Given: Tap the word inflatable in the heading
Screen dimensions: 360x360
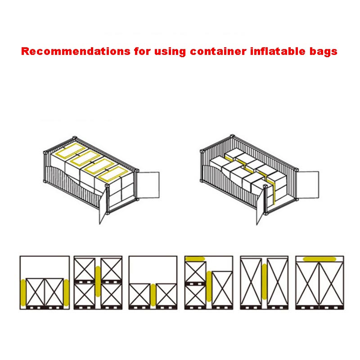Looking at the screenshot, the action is pyautogui.click(x=278, y=51).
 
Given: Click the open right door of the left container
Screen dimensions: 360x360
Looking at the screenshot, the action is pyautogui.click(x=148, y=185).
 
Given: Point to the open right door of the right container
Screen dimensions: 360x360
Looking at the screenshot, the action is pyautogui.click(x=308, y=184).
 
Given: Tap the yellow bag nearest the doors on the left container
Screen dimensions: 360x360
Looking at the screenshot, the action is pyautogui.click(x=113, y=174).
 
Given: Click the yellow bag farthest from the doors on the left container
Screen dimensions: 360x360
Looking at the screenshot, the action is pyautogui.click(x=71, y=150).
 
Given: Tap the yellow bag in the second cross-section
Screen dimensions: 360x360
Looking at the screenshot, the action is pyautogui.click(x=98, y=281).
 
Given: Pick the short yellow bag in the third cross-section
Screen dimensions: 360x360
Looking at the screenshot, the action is pyautogui.click(x=153, y=295).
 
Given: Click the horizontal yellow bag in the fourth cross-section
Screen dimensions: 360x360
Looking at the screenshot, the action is pyautogui.click(x=195, y=259).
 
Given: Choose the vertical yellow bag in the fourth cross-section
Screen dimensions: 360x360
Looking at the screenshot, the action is pyautogui.click(x=209, y=286).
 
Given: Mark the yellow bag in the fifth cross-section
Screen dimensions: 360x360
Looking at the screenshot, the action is pyautogui.click(x=264, y=282).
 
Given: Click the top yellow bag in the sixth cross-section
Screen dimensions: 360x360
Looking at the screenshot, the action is pyautogui.click(x=319, y=259).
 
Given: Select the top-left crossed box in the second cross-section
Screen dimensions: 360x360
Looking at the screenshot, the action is pyautogui.click(x=85, y=269).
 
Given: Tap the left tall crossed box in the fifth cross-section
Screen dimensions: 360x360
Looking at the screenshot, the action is pyautogui.click(x=251, y=282).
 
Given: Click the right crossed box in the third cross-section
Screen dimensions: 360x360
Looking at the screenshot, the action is pyautogui.click(x=166, y=295).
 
